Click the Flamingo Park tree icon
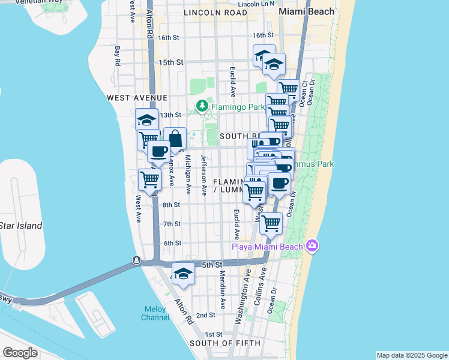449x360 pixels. click(202, 107)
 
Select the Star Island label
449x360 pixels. click(21, 226)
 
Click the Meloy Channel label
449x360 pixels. click(155, 313)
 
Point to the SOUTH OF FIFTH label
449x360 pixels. click(225, 343)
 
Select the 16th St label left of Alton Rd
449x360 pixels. click(169, 37)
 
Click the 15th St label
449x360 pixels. click(170, 62)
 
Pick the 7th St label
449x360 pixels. click(172, 224)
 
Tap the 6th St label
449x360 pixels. click(172, 243)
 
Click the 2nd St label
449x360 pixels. click(205, 315)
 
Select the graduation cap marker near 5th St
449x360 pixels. click(183, 274)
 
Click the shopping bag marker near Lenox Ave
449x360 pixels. click(175, 139)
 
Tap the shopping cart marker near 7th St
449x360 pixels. click(271, 223)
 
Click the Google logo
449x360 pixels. click(20, 353)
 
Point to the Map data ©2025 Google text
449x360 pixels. click(412, 355)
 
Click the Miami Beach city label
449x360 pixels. click(303, 12)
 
